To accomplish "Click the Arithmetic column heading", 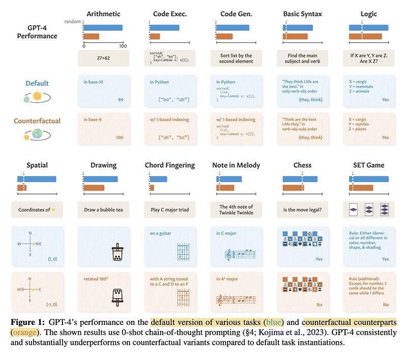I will pyautogui.click(x=103, y=14).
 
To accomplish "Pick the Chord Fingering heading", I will pyautogui.click(x=169, y=165).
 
